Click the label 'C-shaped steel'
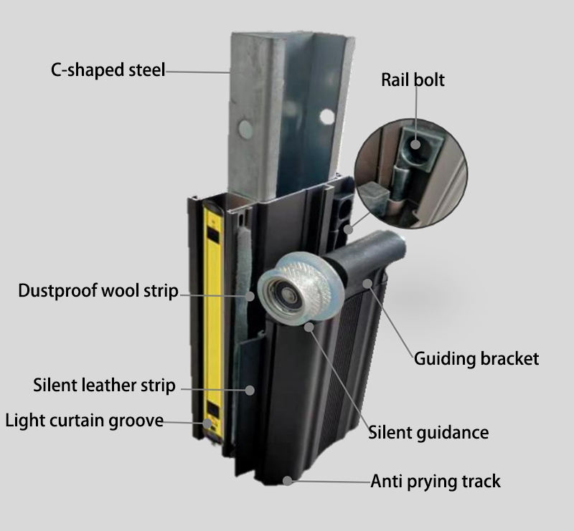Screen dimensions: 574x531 tap(108, 70)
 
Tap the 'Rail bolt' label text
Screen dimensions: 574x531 tap(413, 80)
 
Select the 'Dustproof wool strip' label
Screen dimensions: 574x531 tap(98, 292)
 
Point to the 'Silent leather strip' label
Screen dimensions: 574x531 tap(104, 386)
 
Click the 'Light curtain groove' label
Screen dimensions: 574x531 tap(85, 421)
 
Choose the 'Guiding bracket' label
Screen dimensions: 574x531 tap(476, 358)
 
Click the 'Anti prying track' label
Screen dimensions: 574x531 tap(436, 482)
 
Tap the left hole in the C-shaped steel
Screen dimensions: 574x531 tap(245, 129)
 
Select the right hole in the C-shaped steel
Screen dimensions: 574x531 tap(327, 116)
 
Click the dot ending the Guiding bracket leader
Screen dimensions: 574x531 tap(367, 284)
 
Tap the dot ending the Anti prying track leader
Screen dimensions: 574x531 tap(288, 480)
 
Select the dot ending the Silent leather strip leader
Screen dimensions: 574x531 tap(250, 390)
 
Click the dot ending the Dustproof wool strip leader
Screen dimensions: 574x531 tap(250, 295)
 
